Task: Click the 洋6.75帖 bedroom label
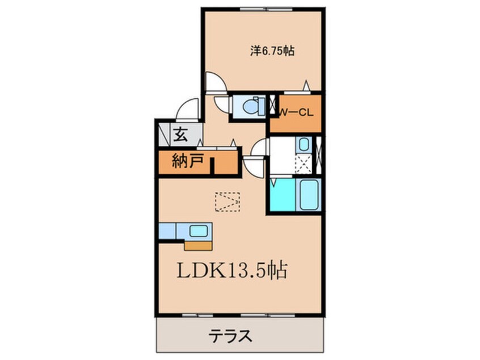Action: coord(272,51)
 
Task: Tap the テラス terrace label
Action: coord(231,335)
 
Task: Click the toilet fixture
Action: coord(250,106)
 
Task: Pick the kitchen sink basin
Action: coord(198,231)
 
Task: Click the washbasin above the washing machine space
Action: coord(304,144)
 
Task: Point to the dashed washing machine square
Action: coord(304,165)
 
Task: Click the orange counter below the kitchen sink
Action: coord(198,245)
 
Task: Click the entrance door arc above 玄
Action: coord(188,108)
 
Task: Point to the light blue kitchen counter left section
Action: coord(168,231)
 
